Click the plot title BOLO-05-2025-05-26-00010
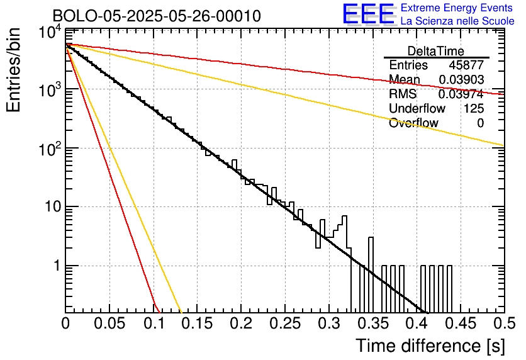pyautogui.click(x=157, y=16)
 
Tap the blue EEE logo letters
pyautogui.click(x=368, y=14)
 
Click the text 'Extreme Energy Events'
pyautogui.click(x=457, y=8)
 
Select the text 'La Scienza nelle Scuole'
pyautogui.click(x=457, y=21)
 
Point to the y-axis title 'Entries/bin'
pyautogui.click(x=13, y=70)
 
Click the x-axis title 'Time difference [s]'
pyautogui.click(x=430, y=346)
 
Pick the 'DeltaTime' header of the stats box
pyautogui.click(x=436, y=51)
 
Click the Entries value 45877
pyautogui.click(x=466, y=65)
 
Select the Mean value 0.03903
pyautogui.click(x=461, y=79)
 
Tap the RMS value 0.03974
pyautogui.click(x=461, y=94)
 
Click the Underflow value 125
pyautogui.click(x=474, y=108)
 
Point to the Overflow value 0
pyautogui.click(x=480, y=123)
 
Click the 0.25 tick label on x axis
pyautogui.click(x=285, y=323)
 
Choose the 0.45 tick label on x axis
pyautogui.click(x=461, y=323)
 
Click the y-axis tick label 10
pyautogui.click(x=53, y=206)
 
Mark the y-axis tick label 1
pyautogui.click(x=57, y=266)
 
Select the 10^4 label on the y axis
pyautogui.click(x=50, y=33)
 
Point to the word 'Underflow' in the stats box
pyautogui.click(x=417, y=108)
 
